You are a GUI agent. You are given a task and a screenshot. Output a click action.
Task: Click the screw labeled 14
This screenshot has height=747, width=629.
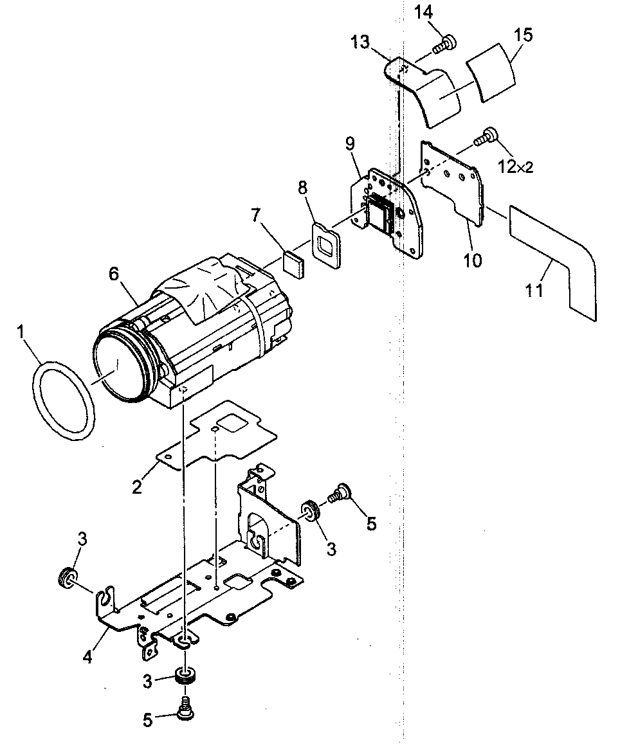tap(444, 44)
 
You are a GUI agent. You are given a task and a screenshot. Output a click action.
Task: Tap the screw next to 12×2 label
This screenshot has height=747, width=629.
tap(486, 136)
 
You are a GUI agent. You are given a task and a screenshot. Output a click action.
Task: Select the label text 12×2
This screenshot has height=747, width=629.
tap(515, 167)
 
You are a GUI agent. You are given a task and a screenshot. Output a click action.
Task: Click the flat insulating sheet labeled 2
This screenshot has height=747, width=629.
tap(219, 437)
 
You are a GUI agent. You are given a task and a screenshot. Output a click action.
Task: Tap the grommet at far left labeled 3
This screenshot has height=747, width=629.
tap(68, 577)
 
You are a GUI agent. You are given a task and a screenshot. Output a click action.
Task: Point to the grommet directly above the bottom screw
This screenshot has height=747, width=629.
tap(185, 677)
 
